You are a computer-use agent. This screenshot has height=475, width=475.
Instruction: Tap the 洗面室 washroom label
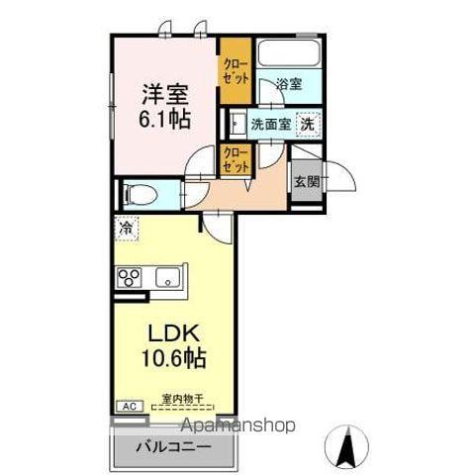pyautogui.click(x=269, y=126)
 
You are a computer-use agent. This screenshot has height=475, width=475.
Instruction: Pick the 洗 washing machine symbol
pyautogui.click(x=309, y=126)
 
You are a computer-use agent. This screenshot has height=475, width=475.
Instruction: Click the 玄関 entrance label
pyautogui.click(x=306, y=181)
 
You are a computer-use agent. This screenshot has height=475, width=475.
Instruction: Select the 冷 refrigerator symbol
pyautogui.click(x=127, y=228)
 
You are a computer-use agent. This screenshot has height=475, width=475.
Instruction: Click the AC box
pyautogui.click(x=128, y=406)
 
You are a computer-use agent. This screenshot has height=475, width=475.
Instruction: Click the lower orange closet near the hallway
pyautogui.click(x=235, y=161)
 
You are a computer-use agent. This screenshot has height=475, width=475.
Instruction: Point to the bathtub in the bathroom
pyautogui.click(x=287, y=55)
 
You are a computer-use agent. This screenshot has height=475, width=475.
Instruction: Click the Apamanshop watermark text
pyautogui.click(x=237, y=426)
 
